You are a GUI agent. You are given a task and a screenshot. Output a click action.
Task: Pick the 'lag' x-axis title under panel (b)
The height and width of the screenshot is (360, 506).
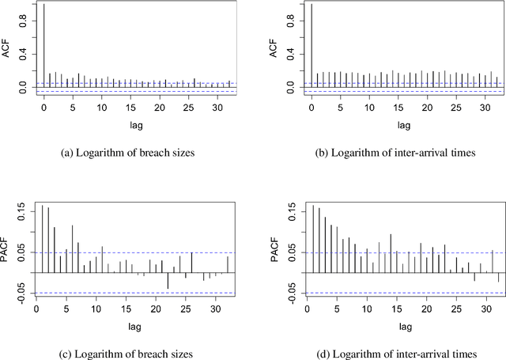[x=403, y=124]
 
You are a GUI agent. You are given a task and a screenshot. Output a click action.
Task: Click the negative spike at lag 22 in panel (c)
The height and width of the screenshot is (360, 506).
[x=168, y=280]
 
